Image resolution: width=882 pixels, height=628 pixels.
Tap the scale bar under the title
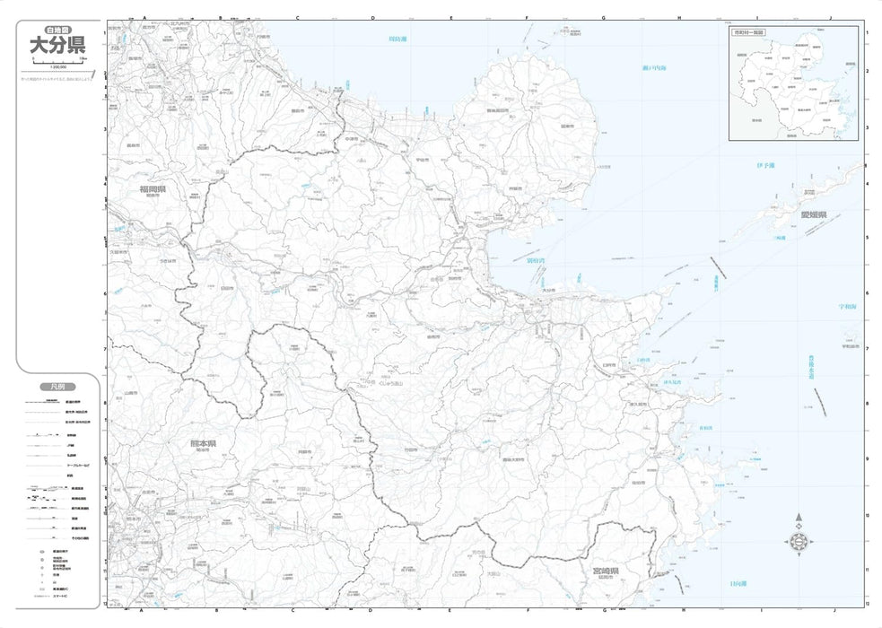(58, 61)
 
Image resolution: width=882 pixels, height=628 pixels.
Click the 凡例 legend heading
(57, 386)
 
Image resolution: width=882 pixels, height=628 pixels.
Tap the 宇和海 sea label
(847, 306)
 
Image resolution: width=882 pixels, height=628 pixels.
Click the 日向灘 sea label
(737, 583)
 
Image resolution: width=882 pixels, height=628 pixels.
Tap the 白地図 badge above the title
(58, 29)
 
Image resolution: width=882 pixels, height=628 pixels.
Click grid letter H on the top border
(680, 17)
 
